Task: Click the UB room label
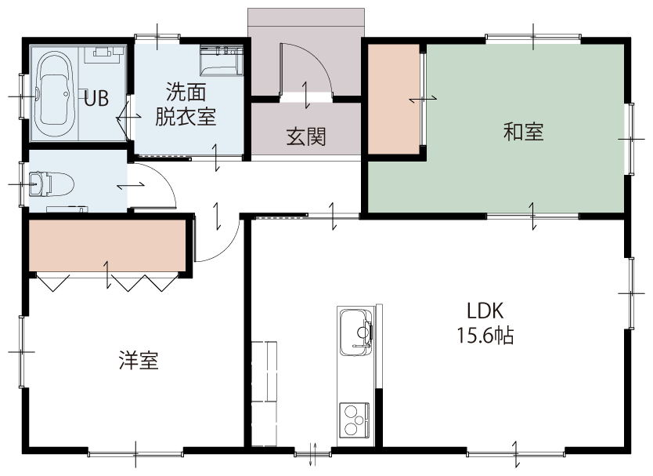point(96,99)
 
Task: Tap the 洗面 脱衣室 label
point(186,104)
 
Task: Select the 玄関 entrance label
point(306,136)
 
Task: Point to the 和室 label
point(524,132)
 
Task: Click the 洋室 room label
point(139,361)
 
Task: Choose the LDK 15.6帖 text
point(485,323)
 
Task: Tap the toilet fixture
point(51,183)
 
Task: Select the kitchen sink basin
point(355,332)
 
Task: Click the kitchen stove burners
point(355,420)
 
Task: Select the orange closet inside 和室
point(394,99)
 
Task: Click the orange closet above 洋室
point(107,245)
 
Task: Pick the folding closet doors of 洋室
point(107,282)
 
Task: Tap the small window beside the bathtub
point(22,96)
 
